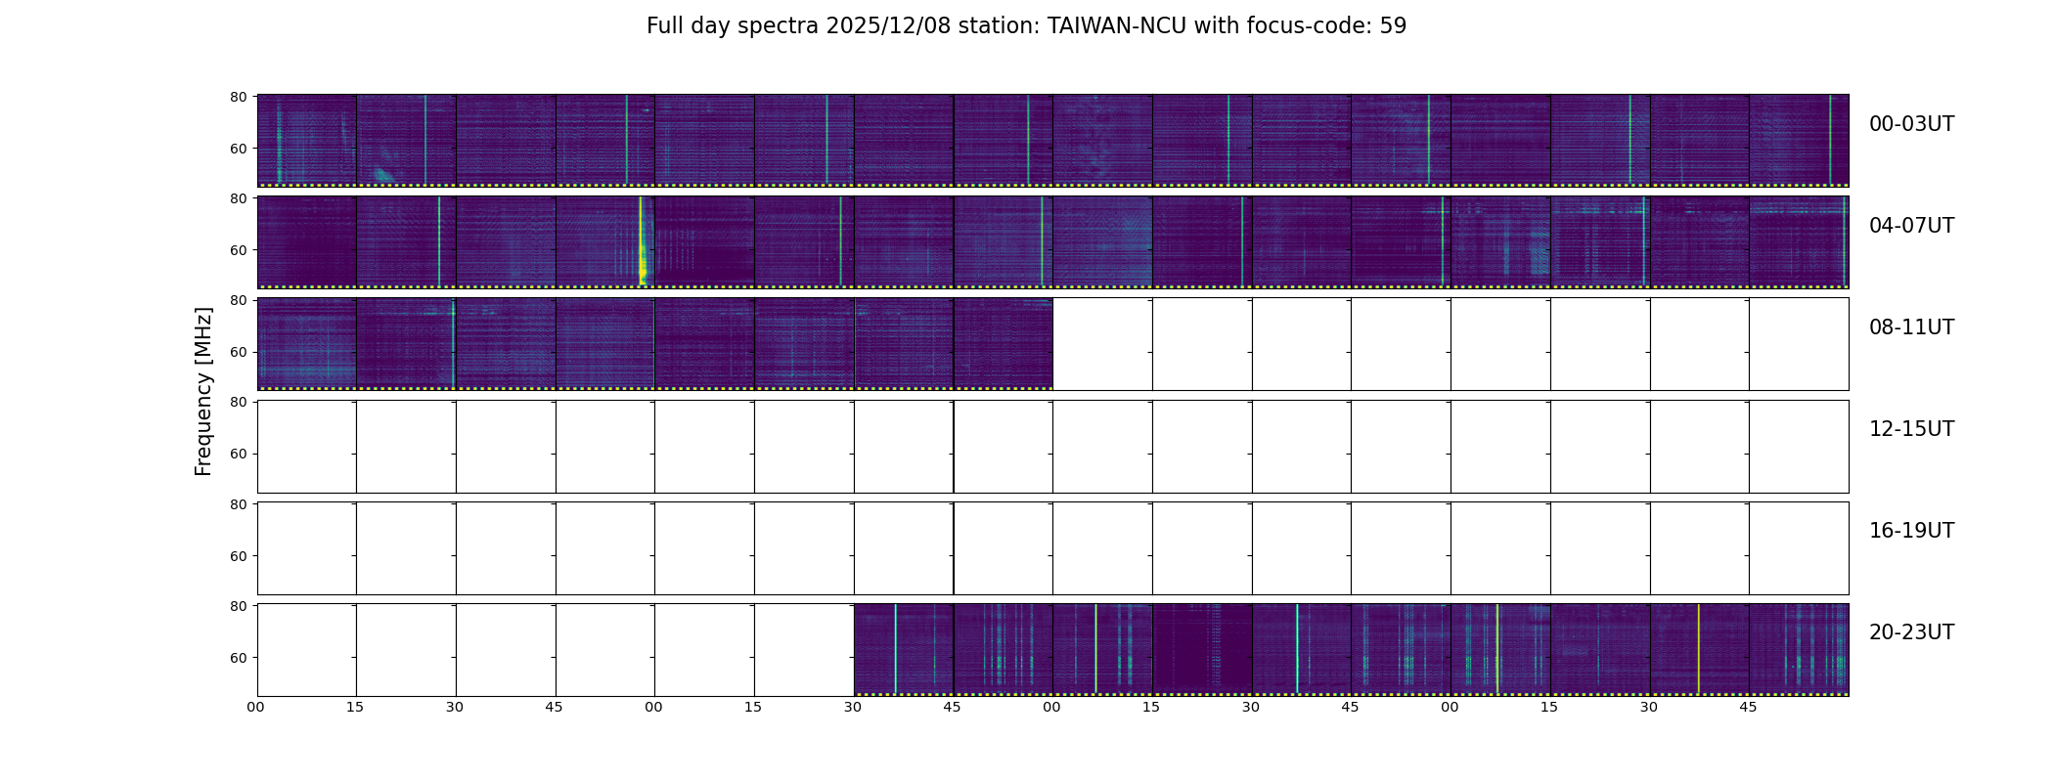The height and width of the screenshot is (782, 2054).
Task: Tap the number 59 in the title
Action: tap(1393, 26)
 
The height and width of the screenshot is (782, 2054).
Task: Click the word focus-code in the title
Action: tap(1308, 26)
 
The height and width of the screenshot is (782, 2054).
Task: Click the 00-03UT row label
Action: tap(1911, 124)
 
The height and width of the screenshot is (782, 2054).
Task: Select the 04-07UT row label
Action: tap(1911, 226)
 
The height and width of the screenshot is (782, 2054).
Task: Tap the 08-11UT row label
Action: tap(1911, 327)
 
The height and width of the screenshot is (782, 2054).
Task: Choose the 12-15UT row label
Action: tap(1911, 429)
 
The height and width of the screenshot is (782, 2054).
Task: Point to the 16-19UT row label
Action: tap(1911, 531)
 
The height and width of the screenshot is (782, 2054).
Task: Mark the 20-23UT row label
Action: tap(1911, 632)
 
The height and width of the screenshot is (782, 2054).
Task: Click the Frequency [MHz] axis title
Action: tap(203, 391)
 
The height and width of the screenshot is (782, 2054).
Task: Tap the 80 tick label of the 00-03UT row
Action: tap(238, 97)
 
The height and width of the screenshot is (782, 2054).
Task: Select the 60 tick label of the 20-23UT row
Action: tap(238, 658)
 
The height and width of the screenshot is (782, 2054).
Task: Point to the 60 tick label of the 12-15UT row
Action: tap(238, 454)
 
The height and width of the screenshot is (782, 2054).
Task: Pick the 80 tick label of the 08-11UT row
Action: tap(238, 300)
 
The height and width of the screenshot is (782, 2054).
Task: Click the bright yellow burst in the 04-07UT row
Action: tap(642, 244)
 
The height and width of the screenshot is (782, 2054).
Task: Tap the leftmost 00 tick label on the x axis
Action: tap(256, 707)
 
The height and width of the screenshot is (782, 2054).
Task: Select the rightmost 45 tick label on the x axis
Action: tap(1748, 707)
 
